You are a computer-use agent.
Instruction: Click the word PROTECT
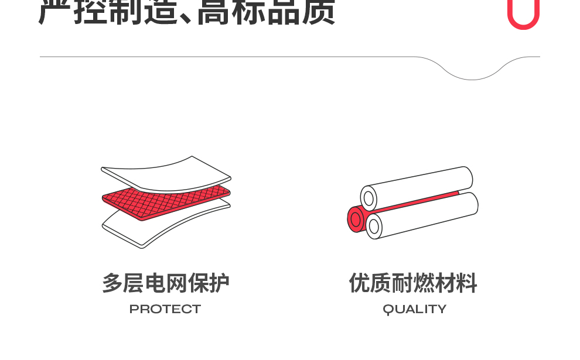[x=165, y=309]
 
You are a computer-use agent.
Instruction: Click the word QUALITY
[x=415, y=309]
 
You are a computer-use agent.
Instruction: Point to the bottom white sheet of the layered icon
[x=166, y=225]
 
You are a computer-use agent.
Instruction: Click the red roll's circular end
[x=356, y=219]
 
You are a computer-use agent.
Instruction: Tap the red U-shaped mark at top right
[x=523, y=15]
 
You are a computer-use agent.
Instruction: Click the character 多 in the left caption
[x=113, y=283]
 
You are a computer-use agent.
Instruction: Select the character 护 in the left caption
[x=219, y=283]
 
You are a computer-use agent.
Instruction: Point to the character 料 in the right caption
[x=467, y=283]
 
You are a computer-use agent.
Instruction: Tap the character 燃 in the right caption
[x=413, y=283]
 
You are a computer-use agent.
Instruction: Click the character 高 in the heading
[x=214, y=12]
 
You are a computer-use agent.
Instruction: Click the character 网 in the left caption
[x=176, y=283]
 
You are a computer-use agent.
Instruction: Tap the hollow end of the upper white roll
[x=369, y=199]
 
